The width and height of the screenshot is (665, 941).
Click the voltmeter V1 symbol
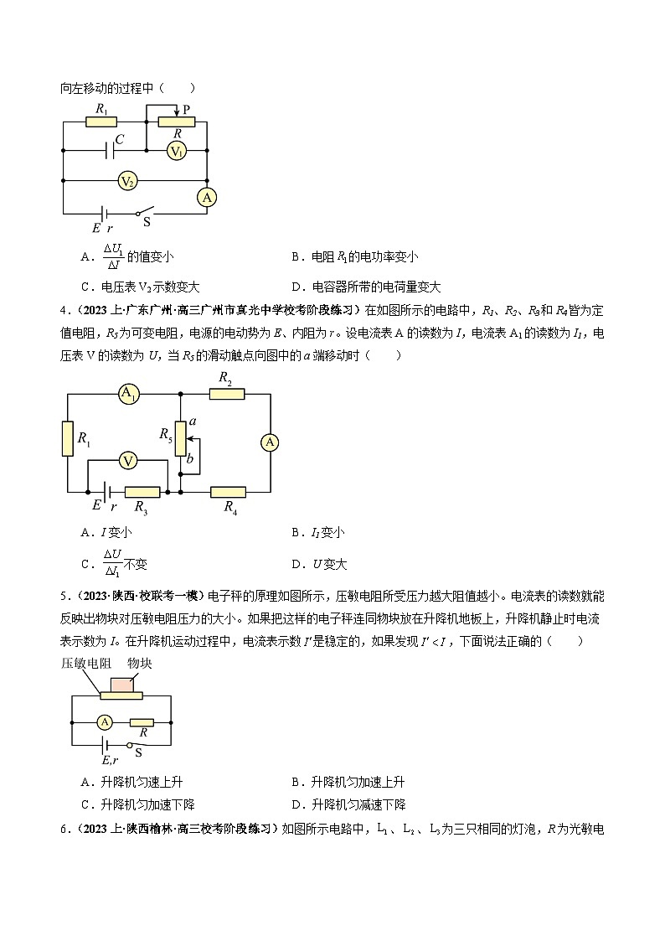(176, 151)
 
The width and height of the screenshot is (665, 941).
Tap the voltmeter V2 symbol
(127, 180)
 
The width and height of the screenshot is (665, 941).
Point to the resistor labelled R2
(226, 394)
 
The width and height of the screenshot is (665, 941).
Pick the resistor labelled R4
(228, 492)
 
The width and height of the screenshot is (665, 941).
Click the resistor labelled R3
(142, 492)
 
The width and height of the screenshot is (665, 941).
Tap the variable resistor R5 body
(178, 439)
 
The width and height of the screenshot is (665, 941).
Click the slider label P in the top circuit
(186, 110)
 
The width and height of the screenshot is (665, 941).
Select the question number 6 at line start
(63, 829)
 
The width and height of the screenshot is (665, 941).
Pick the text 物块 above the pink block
(138, 663)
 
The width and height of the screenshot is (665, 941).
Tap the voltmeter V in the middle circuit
(127, 461)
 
